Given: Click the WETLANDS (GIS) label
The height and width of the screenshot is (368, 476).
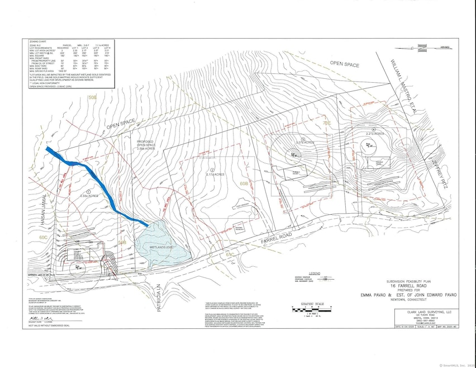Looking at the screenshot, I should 163,244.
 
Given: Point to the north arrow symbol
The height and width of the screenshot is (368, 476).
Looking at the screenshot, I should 444,48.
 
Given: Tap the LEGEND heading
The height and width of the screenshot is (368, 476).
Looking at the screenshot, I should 316,271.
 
